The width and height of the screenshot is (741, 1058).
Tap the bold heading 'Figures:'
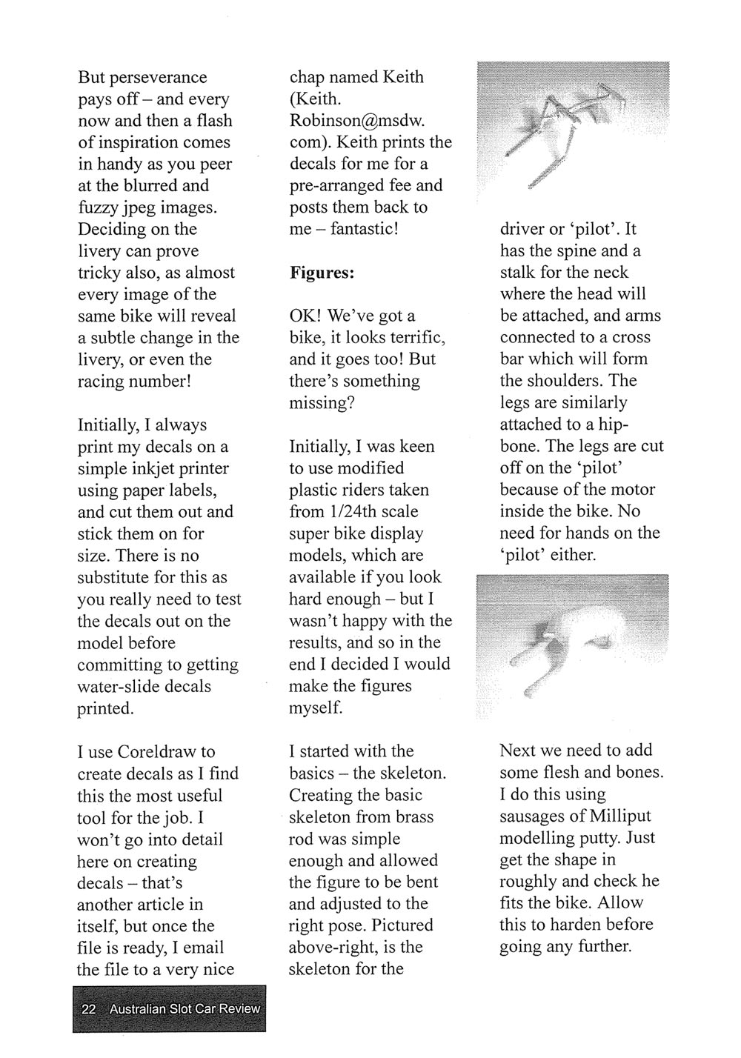point(322,273)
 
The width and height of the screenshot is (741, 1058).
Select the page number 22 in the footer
point(89,1008)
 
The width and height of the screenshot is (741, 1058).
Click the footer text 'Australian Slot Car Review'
point(185,1008)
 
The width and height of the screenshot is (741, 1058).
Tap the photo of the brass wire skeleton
point(571,131)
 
